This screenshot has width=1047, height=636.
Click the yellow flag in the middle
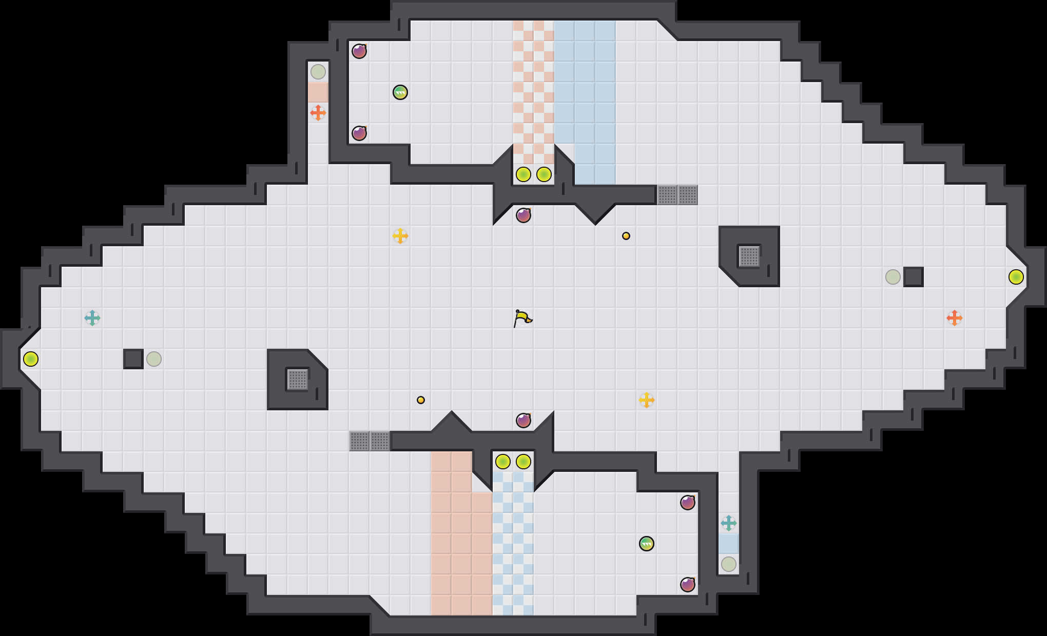pyautogui.click(x=522, y=318)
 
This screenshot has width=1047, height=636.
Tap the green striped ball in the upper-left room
pyautogui.click(x=400, y=92)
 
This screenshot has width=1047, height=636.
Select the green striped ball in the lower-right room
pyautogui.click(x=647, y=544)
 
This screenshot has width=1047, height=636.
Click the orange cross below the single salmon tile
pyautogui.click(x=318, y=113)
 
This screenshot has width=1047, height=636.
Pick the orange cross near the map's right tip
pyautogui.click(x=955, y=318)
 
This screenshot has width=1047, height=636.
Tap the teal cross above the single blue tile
pyautogui.click(x=729, y=523)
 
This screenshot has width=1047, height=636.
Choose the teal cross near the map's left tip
pyautogui.click(x=92, y=318)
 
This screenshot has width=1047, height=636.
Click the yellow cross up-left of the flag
pyautogui.click(x=400, y=236)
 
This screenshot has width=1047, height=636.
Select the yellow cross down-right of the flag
pyautogui.click(x=647, y=400)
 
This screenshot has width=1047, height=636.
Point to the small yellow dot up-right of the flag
pyautogui.click(x=626, y=236)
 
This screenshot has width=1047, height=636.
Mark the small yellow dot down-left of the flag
pyautogui.click(x=421, y=400)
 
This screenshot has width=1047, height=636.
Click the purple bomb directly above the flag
pyautogui.click(x=523, y=215)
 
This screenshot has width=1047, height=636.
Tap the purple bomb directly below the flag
pyautogui.click(x=523, y=421)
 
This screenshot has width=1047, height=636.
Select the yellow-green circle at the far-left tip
pyautogui.click(x=31, y=359)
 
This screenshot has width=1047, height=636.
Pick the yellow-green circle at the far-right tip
pyautogui.click(x=1016, y=277)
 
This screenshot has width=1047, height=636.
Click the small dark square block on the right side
pyautogui.click(x=914, y=277)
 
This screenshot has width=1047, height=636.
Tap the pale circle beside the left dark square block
pyautogui.click(x=154, y=359)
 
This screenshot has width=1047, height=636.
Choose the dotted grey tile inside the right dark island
pyautogui.click(x=749, y=256)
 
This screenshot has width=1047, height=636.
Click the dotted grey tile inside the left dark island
pyautogui.click(x=298, y=380)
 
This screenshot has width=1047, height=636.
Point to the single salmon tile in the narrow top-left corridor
pyautogui.click(x=318, y=92)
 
